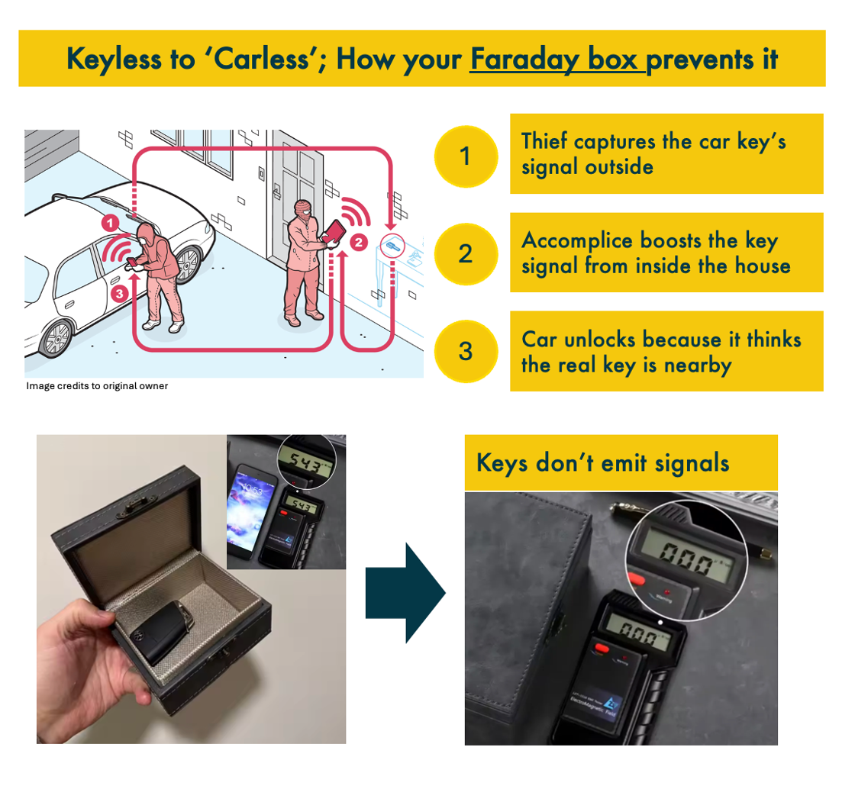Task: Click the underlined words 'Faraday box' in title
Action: [557, 59]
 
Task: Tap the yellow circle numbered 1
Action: [465, 156]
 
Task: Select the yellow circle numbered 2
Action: [465, 253]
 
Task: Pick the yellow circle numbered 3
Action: [465, 351]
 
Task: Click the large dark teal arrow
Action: [405, 592]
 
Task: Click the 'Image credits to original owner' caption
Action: [97, 386]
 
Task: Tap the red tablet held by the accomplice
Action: [333, 232]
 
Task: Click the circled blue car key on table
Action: [390, 244]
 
